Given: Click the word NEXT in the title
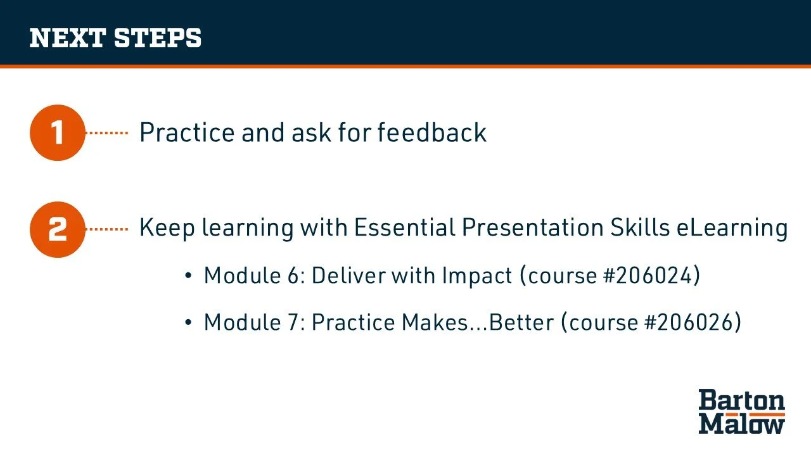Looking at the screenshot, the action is (x=68, y=37).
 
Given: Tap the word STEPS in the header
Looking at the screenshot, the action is (x=158, y=37).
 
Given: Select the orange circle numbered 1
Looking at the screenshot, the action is (x=58, y=133).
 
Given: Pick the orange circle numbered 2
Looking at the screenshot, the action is (x=58, y=229).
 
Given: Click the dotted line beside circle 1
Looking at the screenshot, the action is (x=107, y=133).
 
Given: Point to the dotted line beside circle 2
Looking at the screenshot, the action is (x=107, y=229).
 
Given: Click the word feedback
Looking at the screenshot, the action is (x=432, y=132).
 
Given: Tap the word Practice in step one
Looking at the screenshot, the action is (x=187, y=132).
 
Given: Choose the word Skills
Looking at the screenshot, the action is (x=640, y=227).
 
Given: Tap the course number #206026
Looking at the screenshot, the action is (x=689, y=322).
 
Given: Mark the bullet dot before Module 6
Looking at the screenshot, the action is (x=188, y=275).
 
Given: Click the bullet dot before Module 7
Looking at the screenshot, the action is (x=188, y=322).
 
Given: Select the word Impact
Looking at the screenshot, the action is (x=477, y=276).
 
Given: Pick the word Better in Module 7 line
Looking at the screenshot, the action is (x=521, y=322).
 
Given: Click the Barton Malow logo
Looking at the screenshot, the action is (x=741, y=412).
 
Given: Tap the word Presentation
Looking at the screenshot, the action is (x=533, y=227).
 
